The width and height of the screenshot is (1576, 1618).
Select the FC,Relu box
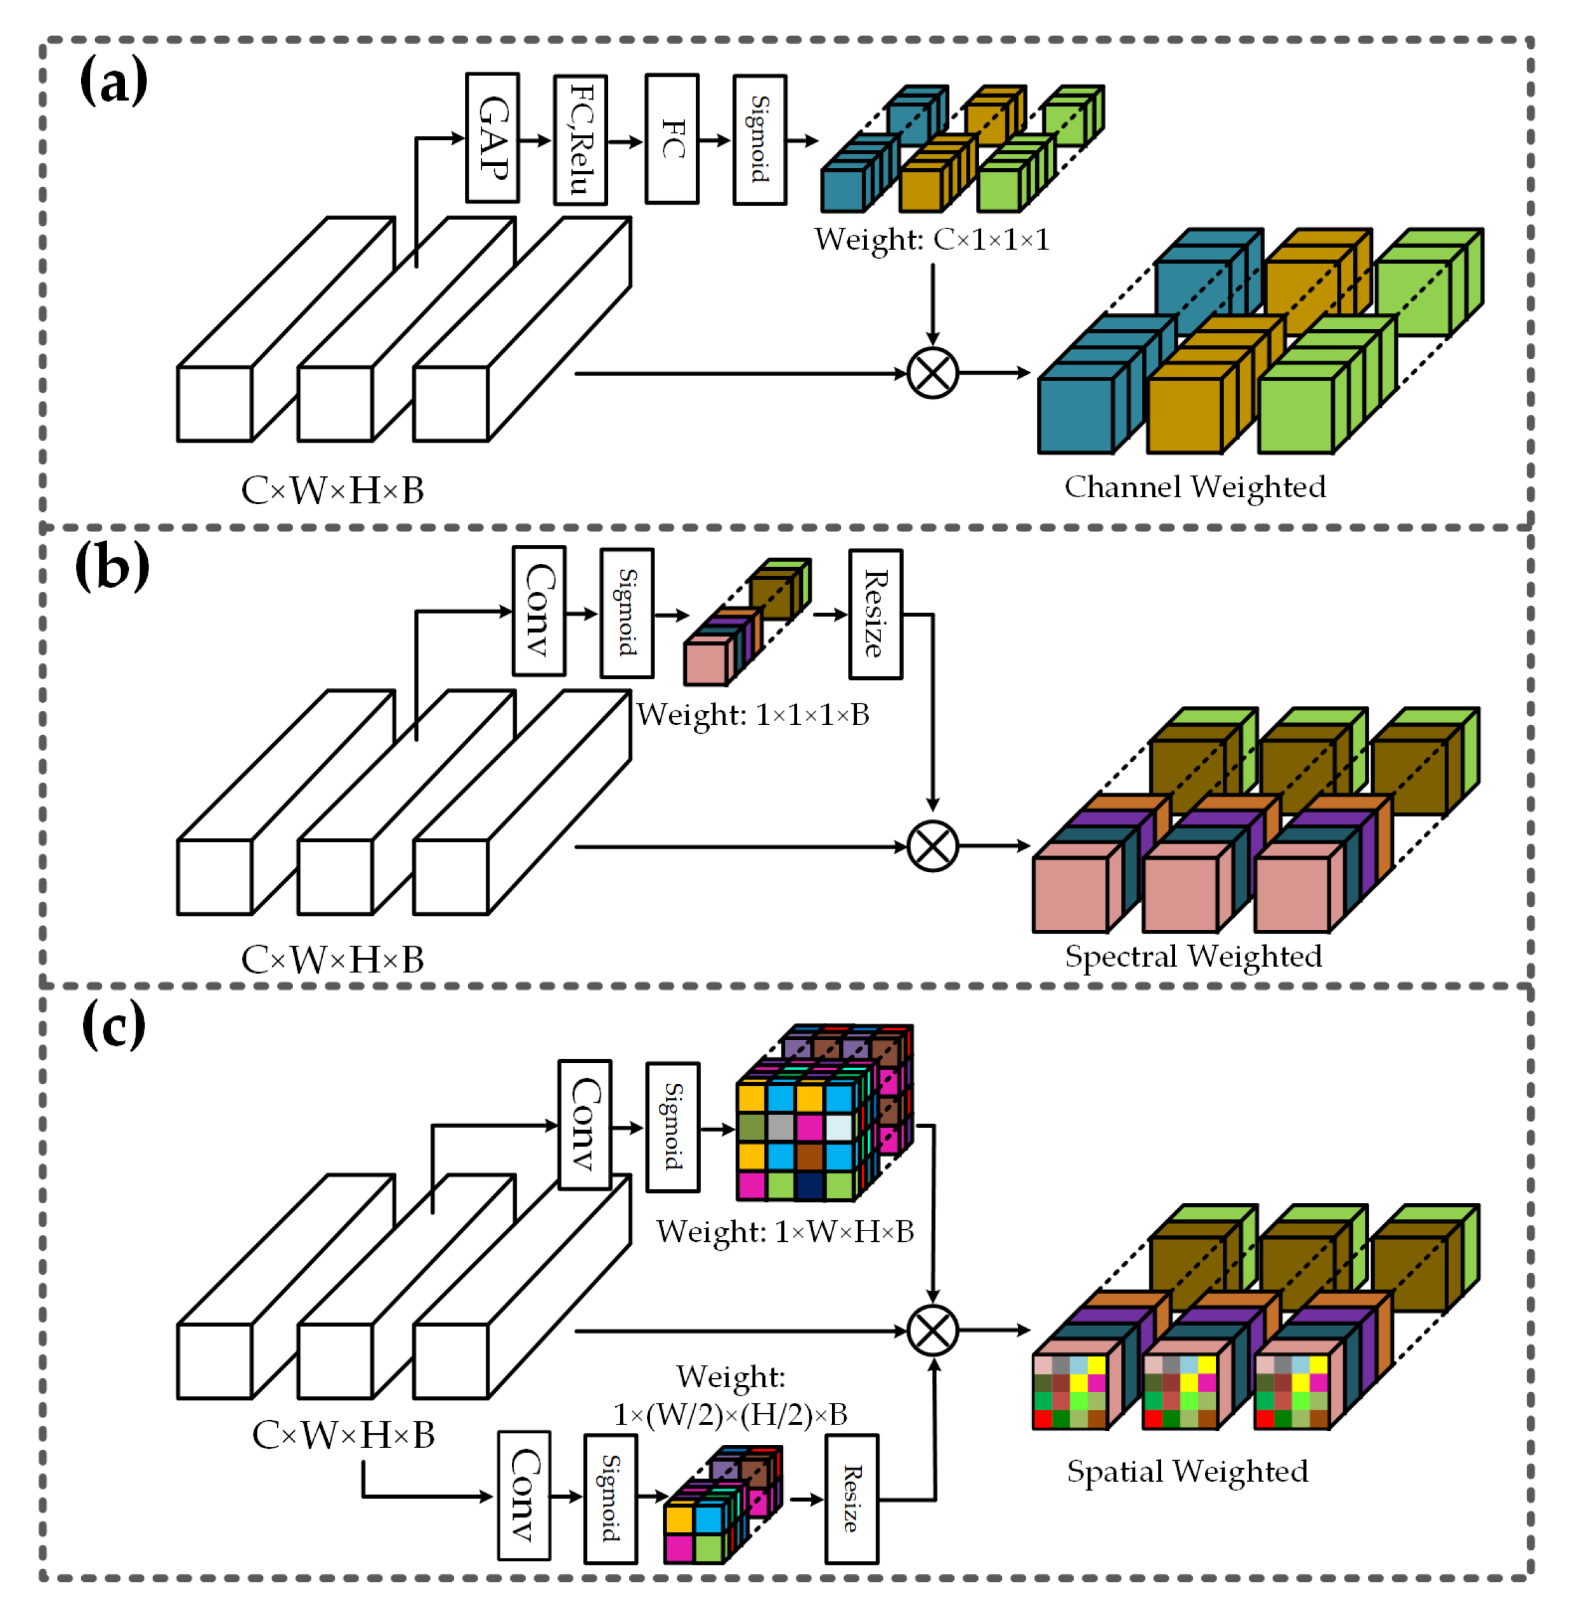(x=580, y=140)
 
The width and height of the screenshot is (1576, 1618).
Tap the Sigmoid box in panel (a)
(x=759, y=140)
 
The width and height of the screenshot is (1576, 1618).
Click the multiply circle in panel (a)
(x=932, y=373)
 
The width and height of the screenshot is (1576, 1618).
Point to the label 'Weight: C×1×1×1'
(x=931, y=240)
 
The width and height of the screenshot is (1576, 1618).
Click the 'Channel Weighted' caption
(x=1194, y=486)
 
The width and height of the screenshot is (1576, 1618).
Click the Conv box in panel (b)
(x=539, y=611)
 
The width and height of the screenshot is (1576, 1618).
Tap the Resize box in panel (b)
(x=875, y=614)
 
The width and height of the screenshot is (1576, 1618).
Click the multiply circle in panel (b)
(x=932, y=846)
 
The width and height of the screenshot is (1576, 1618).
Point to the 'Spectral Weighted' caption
(x=1193, y=956)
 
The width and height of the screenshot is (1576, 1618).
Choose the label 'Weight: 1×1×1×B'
(x=752, y=714)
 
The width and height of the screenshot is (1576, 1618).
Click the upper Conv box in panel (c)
(x=584, y=1125)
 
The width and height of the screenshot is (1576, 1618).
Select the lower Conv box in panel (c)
(x=523, y=1496)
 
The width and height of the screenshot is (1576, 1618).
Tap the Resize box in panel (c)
(x=851, y=1499)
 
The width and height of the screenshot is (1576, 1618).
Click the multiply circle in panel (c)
(x=932, y=1330)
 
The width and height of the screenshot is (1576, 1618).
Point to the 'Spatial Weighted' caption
(x=1187, y=1471)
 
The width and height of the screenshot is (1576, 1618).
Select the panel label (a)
(x=114, y=81)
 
